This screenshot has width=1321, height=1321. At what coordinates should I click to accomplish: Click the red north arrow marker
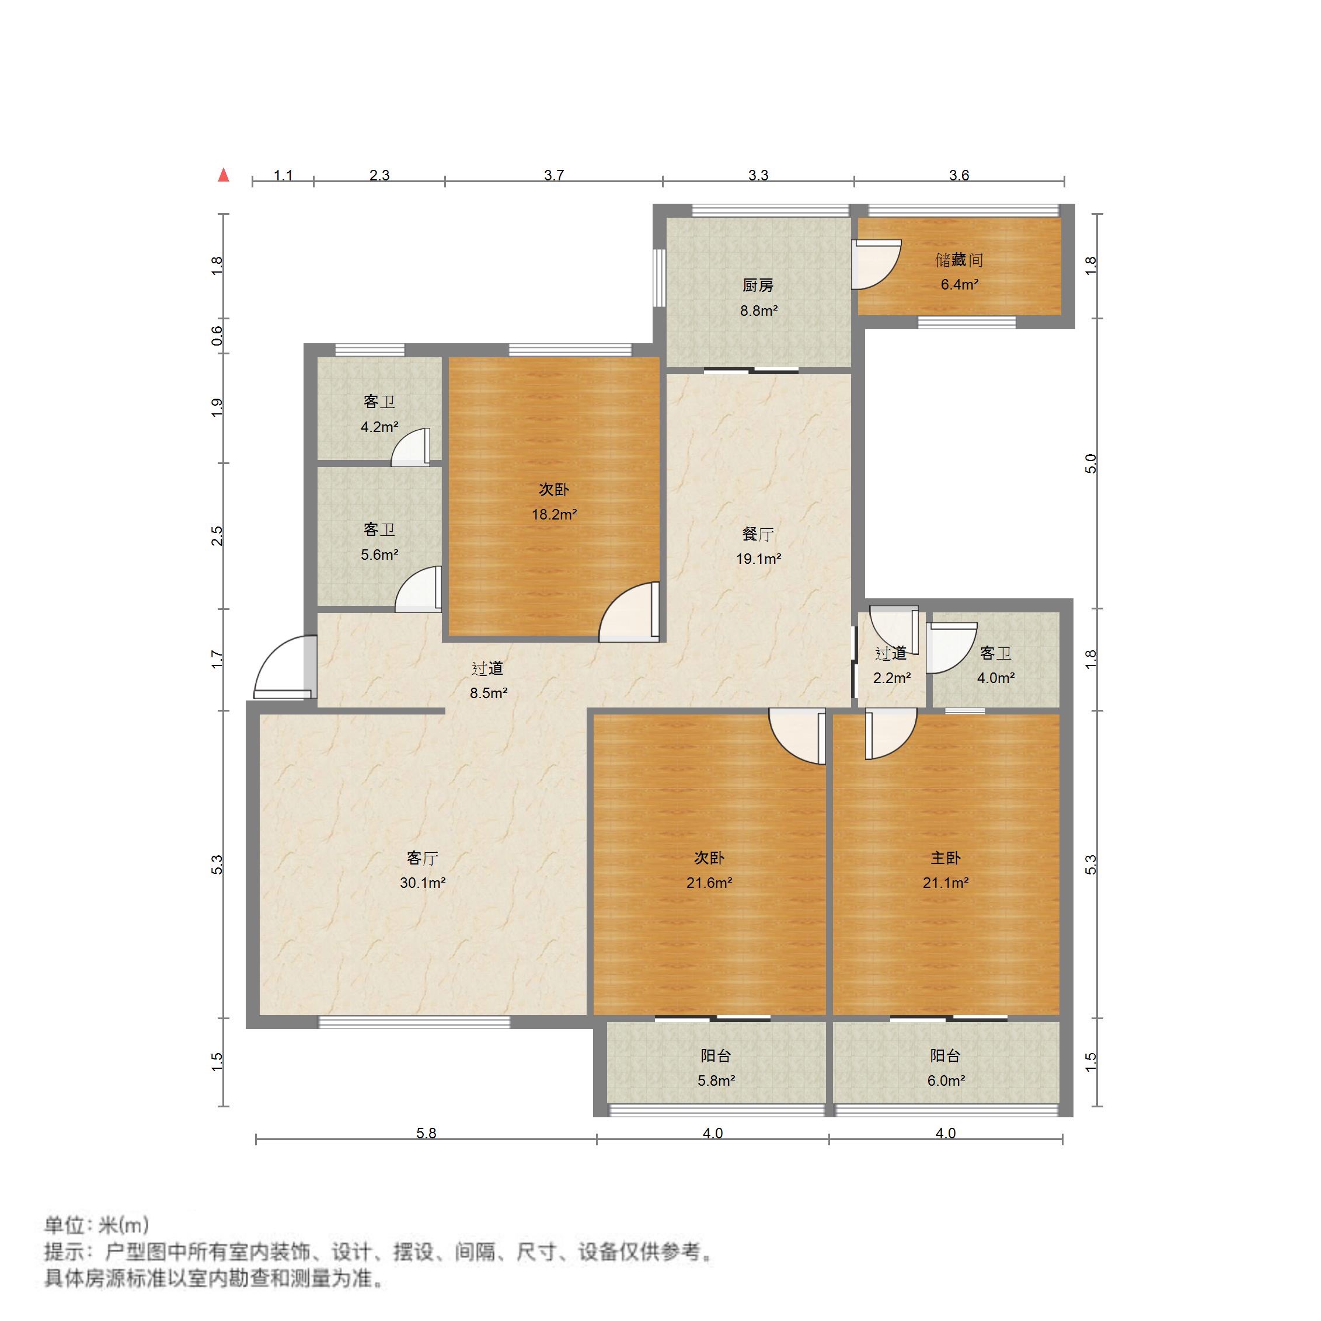point(223,175)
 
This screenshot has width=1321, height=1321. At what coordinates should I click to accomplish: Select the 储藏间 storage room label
point(958,260)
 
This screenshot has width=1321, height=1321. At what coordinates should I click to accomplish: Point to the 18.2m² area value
point(554,514)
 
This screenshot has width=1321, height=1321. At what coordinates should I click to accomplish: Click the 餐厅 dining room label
point(758,534)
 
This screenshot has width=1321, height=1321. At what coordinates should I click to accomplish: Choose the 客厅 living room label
point(422,858)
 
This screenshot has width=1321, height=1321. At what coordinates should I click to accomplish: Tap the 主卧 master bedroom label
point(945,858)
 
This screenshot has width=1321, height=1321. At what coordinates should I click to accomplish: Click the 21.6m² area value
point(709,883)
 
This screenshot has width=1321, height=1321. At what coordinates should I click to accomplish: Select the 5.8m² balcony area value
point(716,1080)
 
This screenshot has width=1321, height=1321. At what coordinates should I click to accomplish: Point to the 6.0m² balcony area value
point(946,1080)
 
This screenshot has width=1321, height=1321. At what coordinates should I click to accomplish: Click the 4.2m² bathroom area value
point(379,427)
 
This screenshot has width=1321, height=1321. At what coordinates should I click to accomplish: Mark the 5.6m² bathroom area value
point(379,555)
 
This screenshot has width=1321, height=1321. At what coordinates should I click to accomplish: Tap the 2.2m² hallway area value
point(891,678)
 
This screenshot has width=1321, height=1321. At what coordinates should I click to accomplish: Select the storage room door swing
point(877,263)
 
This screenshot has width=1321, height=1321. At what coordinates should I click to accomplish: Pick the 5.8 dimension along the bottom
point(426,1133)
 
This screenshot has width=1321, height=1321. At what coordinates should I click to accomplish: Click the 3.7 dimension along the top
point(554,175)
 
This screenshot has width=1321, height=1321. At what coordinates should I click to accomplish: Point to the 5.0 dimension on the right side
point(1091,463)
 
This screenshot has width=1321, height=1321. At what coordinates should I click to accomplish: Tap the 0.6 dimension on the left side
point(217,335)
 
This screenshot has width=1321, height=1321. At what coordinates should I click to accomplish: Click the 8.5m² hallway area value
point(488,693)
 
